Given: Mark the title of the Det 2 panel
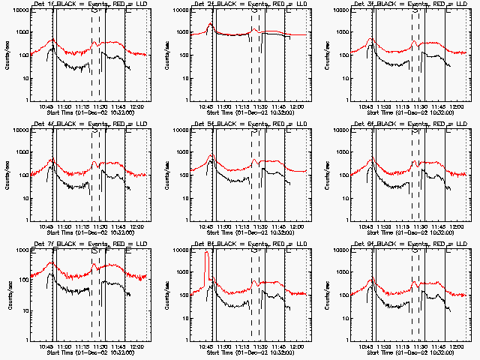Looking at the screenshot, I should click(244, 5).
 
